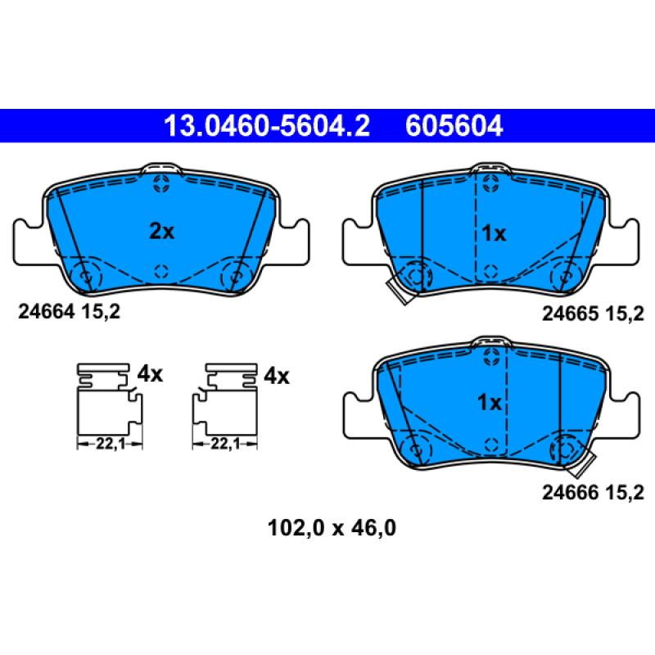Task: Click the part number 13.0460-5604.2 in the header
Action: tap(267, 126)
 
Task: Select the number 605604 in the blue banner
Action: tap(454, 126)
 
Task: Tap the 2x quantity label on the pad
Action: tap(161, 231)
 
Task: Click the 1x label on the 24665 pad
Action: tap(494, 233)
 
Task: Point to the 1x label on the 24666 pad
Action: tap(489, 403)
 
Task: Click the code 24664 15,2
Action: tap(69, 312)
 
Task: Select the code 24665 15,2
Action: tap(593, 314)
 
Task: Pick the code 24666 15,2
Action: tap(593, 493)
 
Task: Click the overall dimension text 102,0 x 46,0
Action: tap(332, 528)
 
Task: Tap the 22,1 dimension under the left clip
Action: tap(111, 443)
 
